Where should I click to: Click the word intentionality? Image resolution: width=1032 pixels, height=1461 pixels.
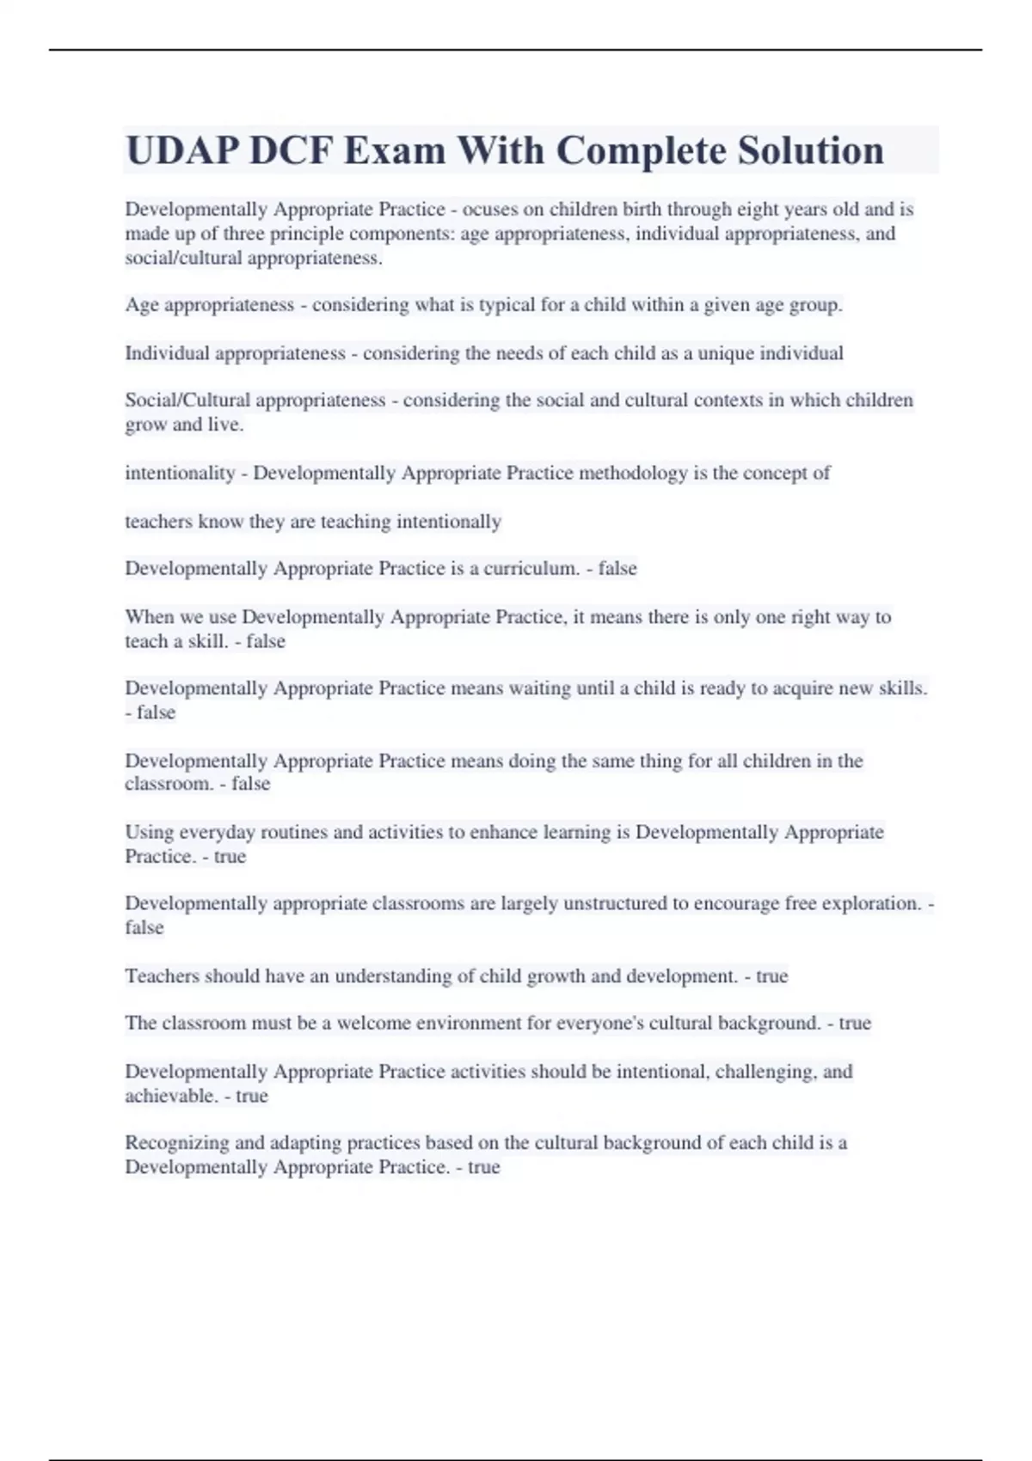(x=180, y=473)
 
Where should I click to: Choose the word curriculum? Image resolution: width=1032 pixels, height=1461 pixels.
(x=531, y=569)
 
